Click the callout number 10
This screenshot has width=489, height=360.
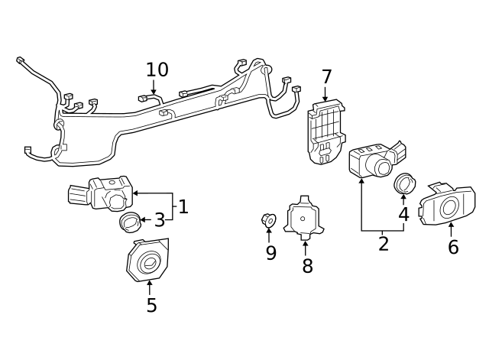tap(157, 70)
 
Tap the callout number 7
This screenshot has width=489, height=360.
tap(326, 77)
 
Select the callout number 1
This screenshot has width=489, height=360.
tap(183, 206)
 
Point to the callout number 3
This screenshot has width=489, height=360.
tap(159, 221)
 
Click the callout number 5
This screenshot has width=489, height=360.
tap(151, 305)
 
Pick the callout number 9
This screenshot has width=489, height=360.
tap(270, 253)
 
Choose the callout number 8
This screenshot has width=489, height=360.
tap(307, 266)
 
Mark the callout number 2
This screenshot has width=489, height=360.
tap(384, 244)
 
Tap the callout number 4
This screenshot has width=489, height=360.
tap(403, 215)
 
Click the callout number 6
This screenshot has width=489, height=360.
tap(453, 247)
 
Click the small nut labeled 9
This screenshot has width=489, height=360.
tap(268, 220)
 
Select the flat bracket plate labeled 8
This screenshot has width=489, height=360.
tap(303, 218)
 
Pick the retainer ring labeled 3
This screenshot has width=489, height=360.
tap(131, 222)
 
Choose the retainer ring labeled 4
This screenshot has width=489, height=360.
tap(403, 183)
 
